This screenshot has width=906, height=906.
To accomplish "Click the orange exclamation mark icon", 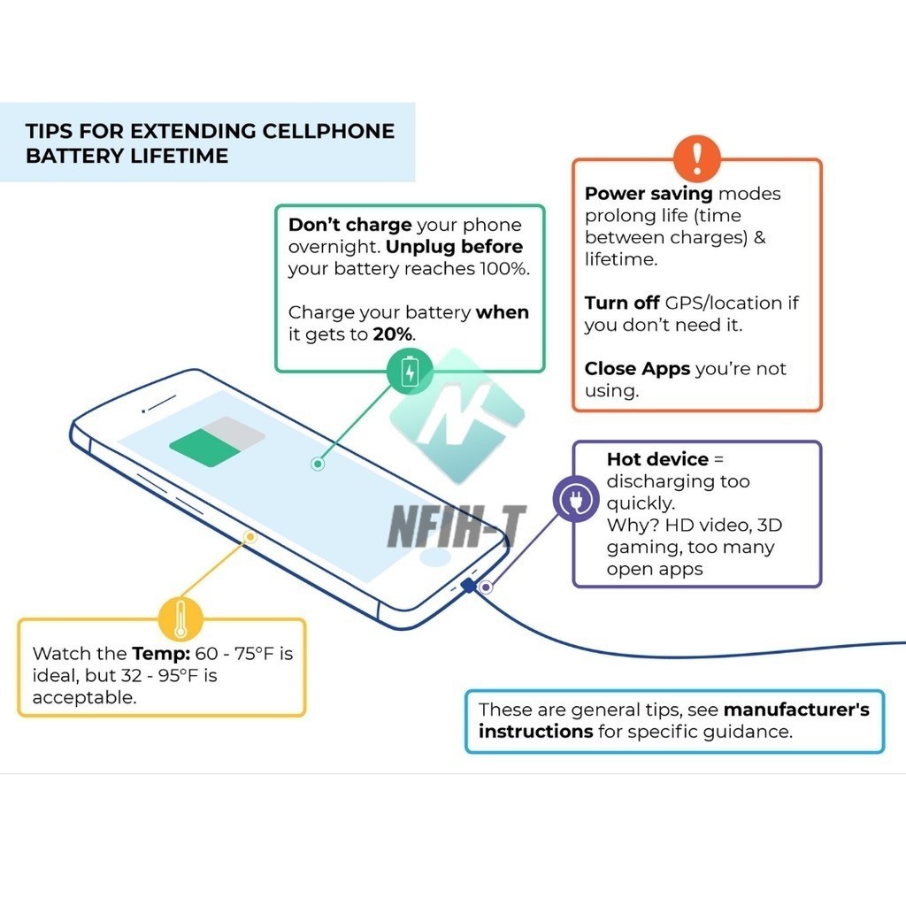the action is click(697, 158).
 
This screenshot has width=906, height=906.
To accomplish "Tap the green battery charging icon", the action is click(410, 371).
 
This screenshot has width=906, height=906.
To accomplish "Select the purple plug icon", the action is click(575, 499).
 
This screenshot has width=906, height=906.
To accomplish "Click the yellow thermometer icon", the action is click(180, 618).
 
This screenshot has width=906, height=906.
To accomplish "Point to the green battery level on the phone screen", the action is click(204, 448).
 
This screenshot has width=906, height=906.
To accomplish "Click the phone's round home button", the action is click(434, 557).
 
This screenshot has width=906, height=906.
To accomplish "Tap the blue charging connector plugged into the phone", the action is click(469, 586).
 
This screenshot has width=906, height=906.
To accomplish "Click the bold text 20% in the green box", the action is click(392, 334).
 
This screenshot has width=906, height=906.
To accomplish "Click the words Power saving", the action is click(649, 194).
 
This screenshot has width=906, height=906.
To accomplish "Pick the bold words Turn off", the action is click(622, 303).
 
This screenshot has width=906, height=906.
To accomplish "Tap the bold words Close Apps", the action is click(637, 369).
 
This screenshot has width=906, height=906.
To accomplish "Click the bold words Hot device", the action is click(657, 459).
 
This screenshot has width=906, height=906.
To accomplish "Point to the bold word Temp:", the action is click(161, 654).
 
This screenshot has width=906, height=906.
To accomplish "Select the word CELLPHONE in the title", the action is click(328, 131).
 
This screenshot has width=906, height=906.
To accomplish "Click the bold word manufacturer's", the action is click(796, 710).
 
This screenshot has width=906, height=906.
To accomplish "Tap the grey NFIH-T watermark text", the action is click(457, 526).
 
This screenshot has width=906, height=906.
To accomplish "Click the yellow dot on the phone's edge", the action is click(250, 537).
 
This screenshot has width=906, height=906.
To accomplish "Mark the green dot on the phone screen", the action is click(318, 464).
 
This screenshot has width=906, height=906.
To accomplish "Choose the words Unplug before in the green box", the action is click(454, 247).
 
